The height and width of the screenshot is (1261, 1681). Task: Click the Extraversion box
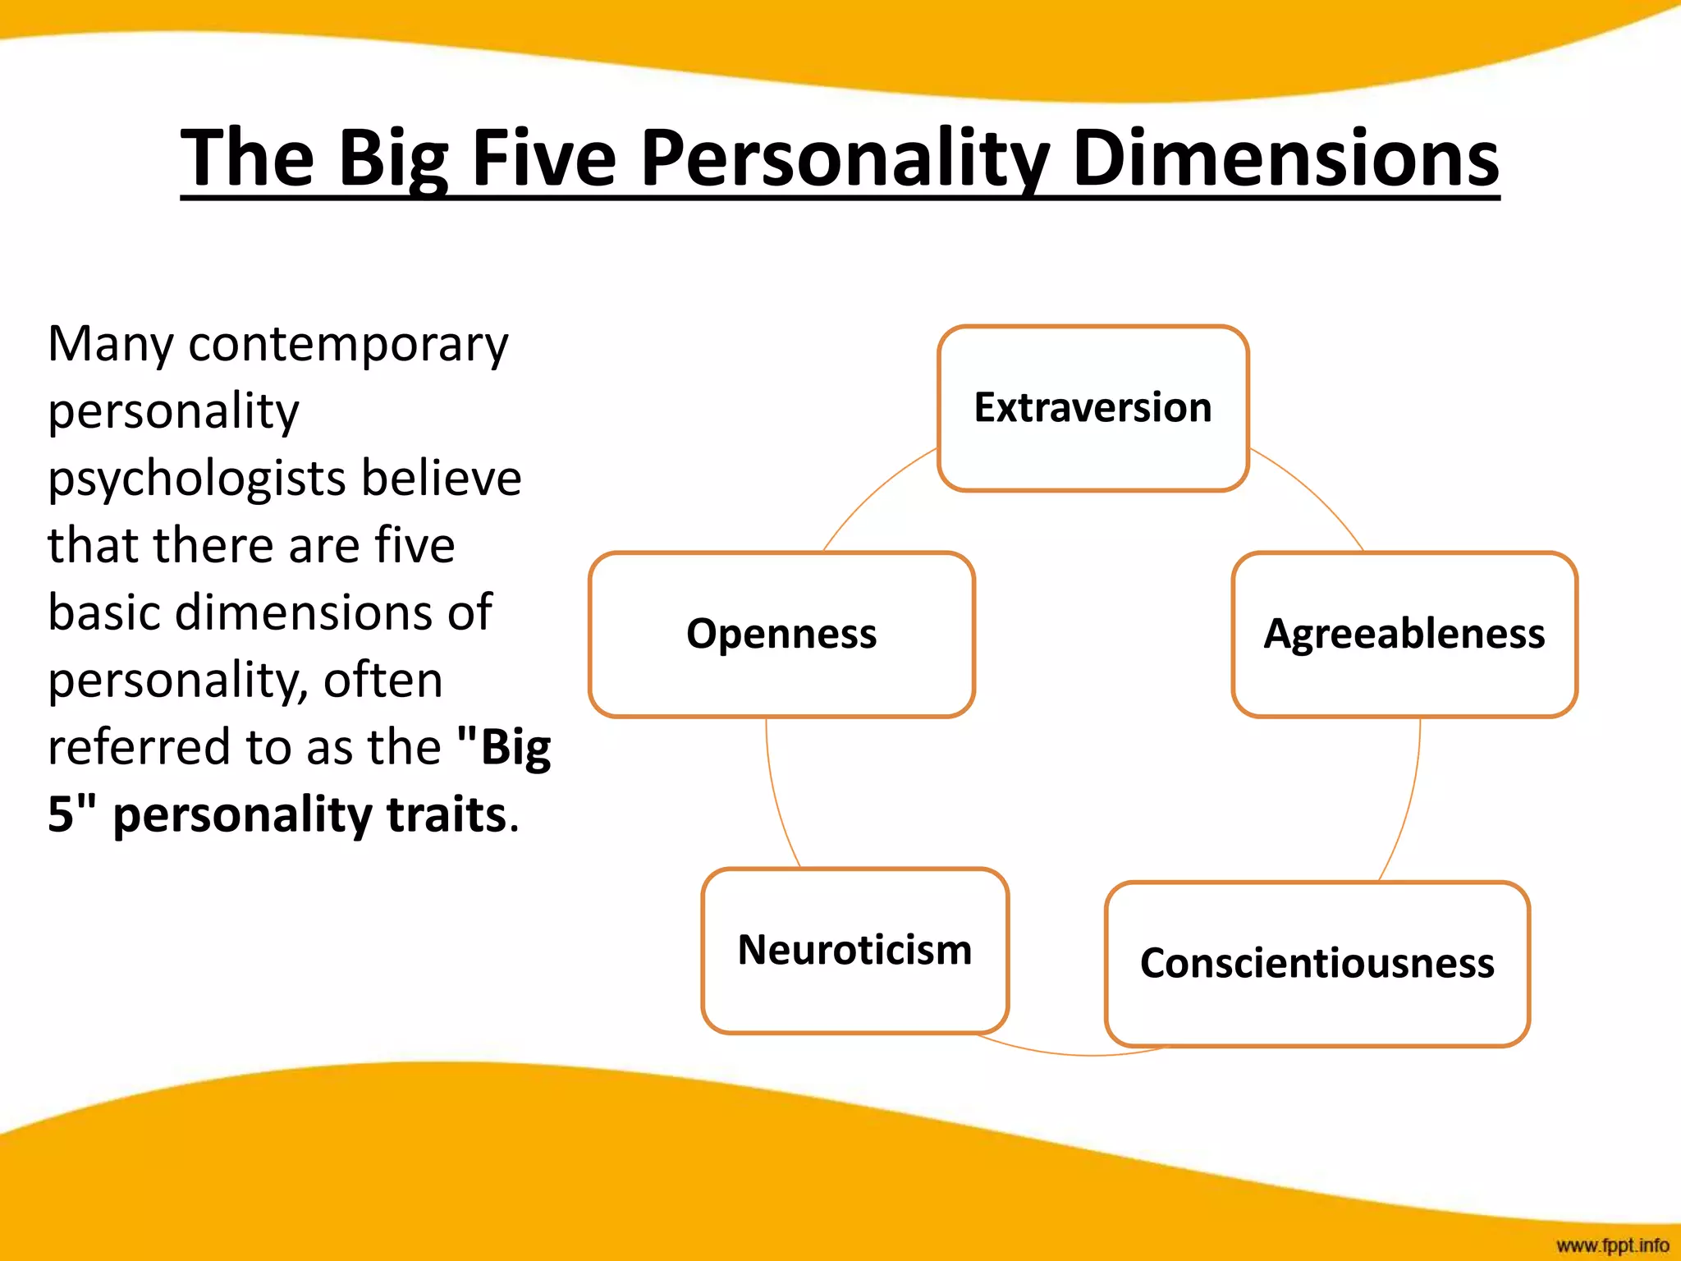pyautogui.click(x=1092, y=408)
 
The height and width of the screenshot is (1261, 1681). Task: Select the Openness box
pyautogui.click(x=781, y=635)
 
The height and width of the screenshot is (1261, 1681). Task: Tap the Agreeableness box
pyautogui.click(x=1404, y=635)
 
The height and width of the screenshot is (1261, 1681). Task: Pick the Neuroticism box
pyautogui.click(x=854, y=950)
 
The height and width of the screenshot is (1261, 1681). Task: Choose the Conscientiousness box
pyautogui.click(x=1317, y=964)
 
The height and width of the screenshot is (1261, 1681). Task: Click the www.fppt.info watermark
pyautogui.click(x=1612, y=1245)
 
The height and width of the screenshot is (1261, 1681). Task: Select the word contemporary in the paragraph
pyautogui.click(x=348, y=345)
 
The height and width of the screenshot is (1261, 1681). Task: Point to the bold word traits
pyautogui.click(x=446, y=814)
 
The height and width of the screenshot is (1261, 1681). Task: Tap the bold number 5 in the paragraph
pyautogui.click(x=61, y=814)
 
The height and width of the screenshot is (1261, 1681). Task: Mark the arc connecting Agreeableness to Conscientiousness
pyautogui.click(x=1409, y=805)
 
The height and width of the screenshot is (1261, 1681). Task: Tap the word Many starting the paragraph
pyautogui.click(x=110, y=345)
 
